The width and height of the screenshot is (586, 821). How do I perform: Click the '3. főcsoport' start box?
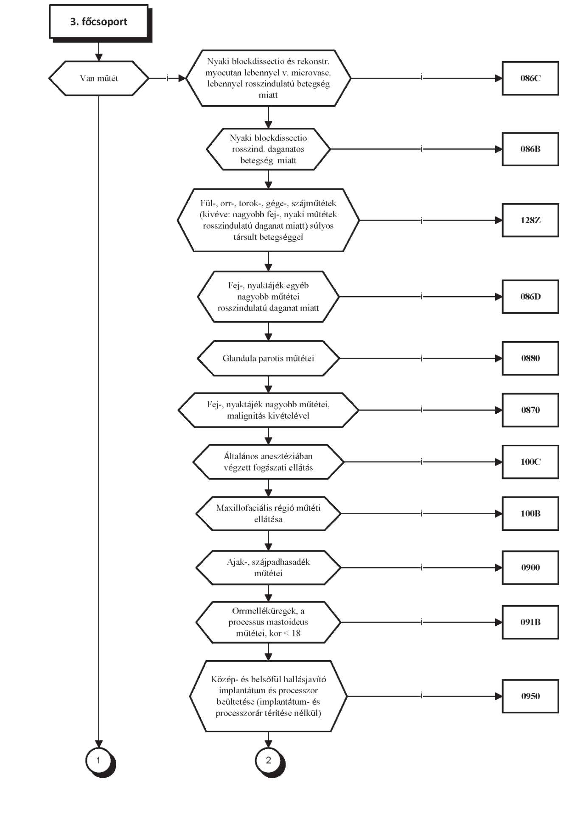[99, 22]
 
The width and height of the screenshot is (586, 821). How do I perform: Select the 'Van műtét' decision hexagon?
[99, 78]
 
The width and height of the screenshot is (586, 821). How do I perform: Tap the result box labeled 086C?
[530, 78]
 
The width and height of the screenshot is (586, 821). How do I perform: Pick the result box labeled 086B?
[530, 149]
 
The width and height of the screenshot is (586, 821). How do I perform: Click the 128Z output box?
[530, 220]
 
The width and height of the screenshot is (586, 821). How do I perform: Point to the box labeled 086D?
[530, 297]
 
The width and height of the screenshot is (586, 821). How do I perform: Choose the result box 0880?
[530, 358]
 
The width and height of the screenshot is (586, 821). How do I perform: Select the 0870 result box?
[530, 410]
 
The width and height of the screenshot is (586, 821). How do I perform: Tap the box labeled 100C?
[530, 462]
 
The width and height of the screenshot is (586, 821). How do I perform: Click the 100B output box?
[530, 513]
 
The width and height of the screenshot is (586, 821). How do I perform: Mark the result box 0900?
[530, 568]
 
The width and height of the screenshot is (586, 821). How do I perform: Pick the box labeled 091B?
[530, 622]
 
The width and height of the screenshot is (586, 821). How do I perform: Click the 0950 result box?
[530, 696]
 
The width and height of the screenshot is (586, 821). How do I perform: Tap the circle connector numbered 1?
[99, 760]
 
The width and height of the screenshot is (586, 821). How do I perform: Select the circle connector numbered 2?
[268, 760]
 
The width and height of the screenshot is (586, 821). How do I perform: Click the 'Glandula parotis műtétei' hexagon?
[268, 358]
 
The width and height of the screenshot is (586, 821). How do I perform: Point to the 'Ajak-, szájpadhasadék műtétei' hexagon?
[268, 568]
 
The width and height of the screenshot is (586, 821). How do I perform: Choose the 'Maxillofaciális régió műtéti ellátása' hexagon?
[268, 513]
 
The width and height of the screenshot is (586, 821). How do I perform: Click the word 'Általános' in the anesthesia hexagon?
[241, 456]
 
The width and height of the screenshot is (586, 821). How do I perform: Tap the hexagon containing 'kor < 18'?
[268, 622]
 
